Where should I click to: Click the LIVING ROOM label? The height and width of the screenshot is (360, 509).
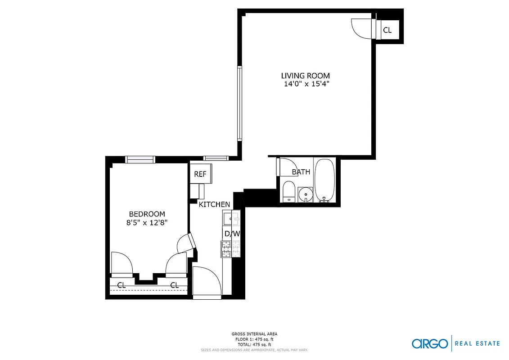coord(305,76)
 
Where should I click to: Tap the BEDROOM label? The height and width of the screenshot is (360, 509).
coord(147,214)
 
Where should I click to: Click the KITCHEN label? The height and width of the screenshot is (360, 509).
coord(215,204)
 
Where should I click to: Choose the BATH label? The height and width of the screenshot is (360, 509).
coord(301,171)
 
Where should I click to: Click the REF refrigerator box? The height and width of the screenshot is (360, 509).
coord(200,174)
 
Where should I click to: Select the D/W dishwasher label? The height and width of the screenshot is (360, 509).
coord(232,234)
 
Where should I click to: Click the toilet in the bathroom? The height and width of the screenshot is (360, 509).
coord(288,191)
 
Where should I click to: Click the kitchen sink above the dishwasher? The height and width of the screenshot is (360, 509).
coord(231,218)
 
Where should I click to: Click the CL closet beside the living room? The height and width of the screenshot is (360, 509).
coord(387,31)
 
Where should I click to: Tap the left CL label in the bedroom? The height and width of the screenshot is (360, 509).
coord(121,285)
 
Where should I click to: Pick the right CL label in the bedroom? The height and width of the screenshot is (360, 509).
coord(174,285)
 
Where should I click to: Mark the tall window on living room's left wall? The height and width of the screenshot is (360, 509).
coord(239,103)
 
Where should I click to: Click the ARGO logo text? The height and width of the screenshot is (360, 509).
coord(430,343)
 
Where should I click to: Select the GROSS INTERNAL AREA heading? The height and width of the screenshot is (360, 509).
coord(255,334)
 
